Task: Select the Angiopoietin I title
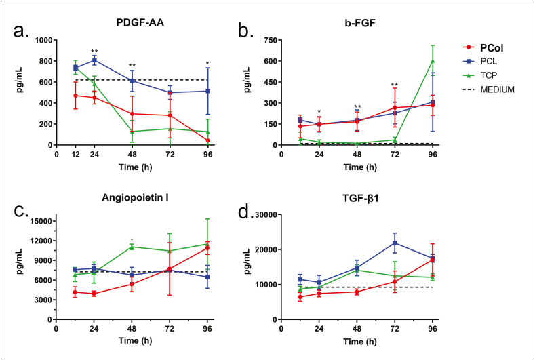click(146, 197)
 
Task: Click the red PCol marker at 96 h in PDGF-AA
click(207, 141)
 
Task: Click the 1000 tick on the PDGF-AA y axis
click(40, 40)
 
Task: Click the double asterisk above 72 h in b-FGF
click(395, 85)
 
